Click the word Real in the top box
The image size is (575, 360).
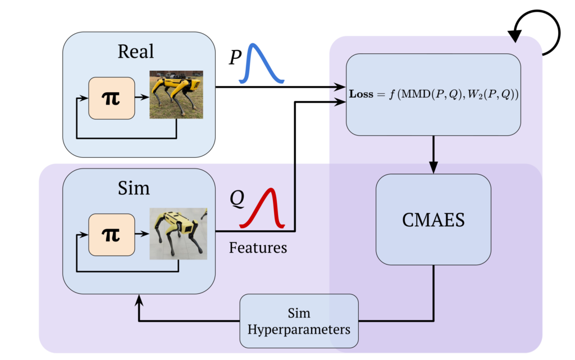click(135, 51)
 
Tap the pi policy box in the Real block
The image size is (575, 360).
click(112, 98)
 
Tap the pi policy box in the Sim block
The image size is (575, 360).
click(112, 233)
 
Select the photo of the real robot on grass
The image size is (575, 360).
click(176, 94)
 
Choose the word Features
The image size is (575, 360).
click(258, 247)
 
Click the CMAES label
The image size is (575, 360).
click(433, 220)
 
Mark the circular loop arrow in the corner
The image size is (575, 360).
click(539, 33)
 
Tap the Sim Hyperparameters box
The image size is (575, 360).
click(299, 320)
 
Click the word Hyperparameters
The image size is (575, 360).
click(299, 329)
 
